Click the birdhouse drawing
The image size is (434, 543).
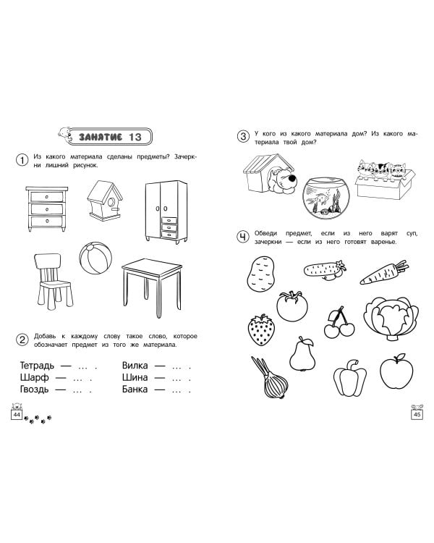coord(105,200)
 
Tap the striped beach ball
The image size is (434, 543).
coord(95,258)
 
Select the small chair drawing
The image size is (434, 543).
coord(53,281)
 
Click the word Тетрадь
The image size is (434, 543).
coord(37,366)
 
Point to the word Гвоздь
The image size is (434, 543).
coord(34,390)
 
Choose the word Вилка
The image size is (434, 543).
coord(135,366)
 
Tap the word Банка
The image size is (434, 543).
coord(135,390)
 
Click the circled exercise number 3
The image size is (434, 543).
coord(243,136)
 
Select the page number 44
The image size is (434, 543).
coord(17,415)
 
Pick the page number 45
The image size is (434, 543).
coord(417,415)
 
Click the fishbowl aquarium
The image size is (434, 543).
coord(326,198)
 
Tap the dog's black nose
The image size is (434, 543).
coord(292,179)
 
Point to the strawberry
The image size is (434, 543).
coord(261,330)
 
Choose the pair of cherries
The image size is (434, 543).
coord(339,322)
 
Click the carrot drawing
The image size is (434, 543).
coord(384,272)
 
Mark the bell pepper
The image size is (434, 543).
coord(350,378)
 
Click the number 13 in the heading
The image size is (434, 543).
coord(135,137)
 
